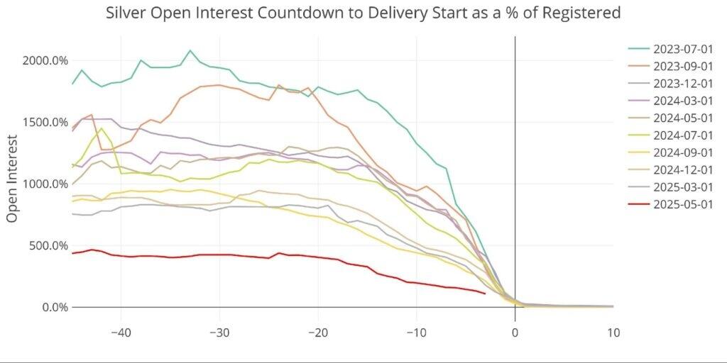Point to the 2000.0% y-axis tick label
click(x=45, y=60)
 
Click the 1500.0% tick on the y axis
click(x=45, y=122)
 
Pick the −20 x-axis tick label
click(x=318, y=333)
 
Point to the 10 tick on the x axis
click(x=613, y=333)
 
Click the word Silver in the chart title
click(x=126, y=13)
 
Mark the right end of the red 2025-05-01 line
click(x=485, y=293)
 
